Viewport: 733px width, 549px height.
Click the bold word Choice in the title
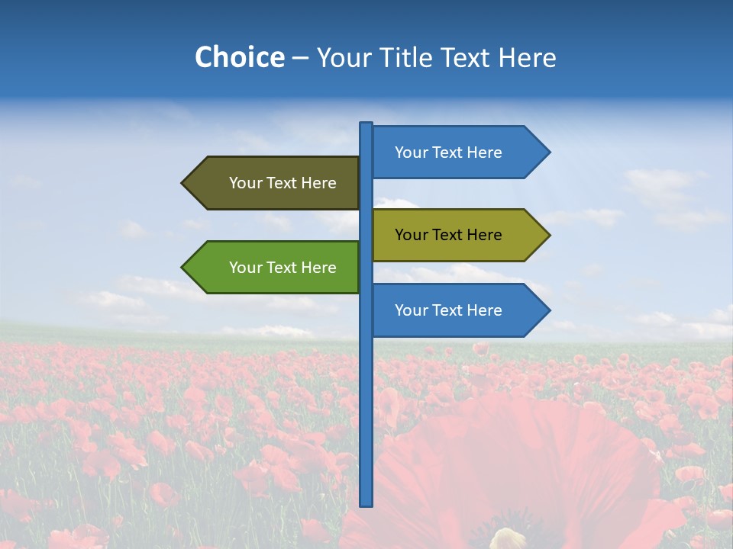click(239, 57)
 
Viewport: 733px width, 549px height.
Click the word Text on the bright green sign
click(283, 268)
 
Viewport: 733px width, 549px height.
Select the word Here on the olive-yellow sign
click(483, 235)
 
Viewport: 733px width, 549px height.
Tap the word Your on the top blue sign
click(412, 152)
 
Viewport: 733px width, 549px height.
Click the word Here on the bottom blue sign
click(483, 310)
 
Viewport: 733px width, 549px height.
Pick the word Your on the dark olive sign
click(246, 183)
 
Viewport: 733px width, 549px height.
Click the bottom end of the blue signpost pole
click(366, 502)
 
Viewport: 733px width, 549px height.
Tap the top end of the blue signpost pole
click(366, 125)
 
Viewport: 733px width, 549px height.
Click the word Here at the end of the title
click(528, 57)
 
